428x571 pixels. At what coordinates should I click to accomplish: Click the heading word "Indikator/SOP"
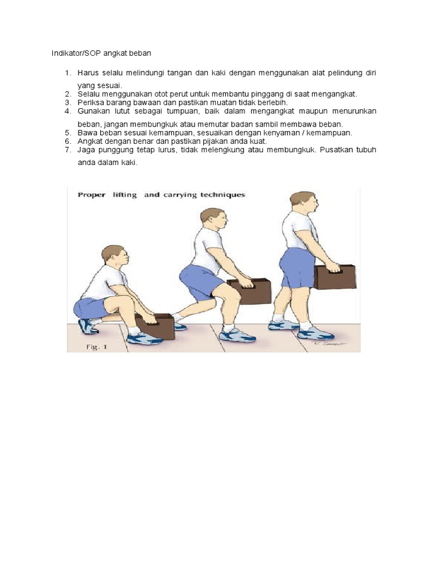point(72,53)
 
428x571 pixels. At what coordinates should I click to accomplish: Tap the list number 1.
point(67,73)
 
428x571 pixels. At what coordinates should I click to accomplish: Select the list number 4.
point(67,111)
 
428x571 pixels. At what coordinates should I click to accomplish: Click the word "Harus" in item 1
point(89,73)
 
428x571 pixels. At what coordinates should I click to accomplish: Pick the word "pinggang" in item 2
point(291,94)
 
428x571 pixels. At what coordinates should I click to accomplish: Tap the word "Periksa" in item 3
point(90,103)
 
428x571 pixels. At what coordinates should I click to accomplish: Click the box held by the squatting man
point(156,327)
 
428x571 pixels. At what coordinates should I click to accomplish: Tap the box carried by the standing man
point(335,277)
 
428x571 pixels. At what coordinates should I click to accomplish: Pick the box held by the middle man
point(250,291)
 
